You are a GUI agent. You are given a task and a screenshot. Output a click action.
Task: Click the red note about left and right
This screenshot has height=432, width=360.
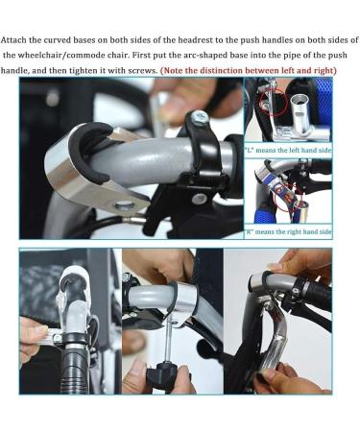(249, 71)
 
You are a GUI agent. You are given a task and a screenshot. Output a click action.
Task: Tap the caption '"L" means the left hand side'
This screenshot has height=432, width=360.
(288, 150)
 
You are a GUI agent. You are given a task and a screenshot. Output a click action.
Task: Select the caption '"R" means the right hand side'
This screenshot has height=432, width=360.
(288, 231)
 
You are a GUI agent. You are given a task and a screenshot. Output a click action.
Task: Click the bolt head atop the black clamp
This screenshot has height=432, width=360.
(200, 117)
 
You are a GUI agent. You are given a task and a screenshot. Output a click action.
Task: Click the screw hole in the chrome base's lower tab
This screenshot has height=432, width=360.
(125, 204)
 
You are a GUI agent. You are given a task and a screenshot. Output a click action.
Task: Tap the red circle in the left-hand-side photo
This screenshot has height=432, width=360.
(273, 102)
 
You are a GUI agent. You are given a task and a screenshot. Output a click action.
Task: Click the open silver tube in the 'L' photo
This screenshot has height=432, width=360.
(300, 112)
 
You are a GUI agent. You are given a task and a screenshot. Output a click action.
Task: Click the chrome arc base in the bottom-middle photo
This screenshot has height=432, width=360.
(184, 302)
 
